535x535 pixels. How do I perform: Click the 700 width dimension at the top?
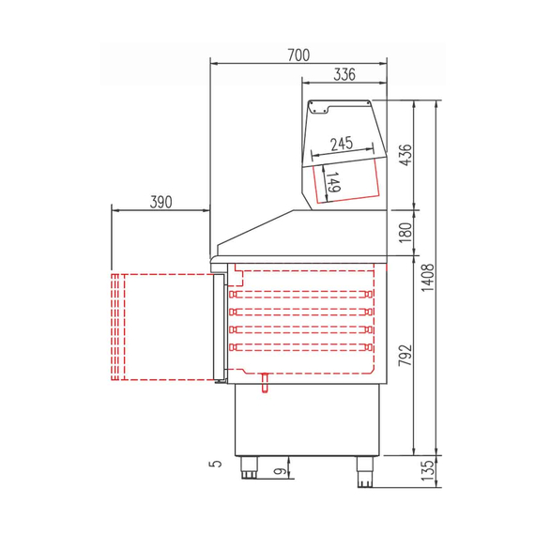coord(298,55)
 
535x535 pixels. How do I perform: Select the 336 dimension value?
coord(344,77)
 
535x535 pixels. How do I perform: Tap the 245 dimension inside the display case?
coord(341,143)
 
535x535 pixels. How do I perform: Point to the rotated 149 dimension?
coord(333,181)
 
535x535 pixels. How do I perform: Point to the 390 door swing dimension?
coord(159,201)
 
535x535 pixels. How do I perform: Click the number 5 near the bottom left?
coord(215,463)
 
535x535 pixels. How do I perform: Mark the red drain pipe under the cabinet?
coord(266,381)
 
